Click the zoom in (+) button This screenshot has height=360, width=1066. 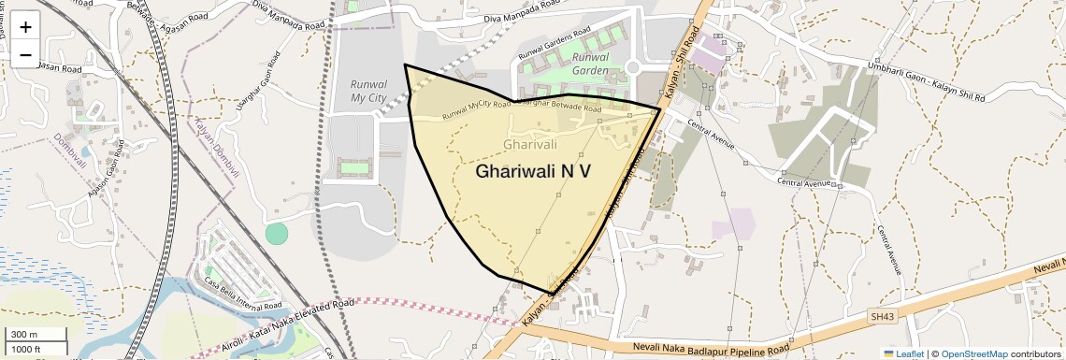point(25,27)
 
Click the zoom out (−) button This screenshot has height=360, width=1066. point(25,54)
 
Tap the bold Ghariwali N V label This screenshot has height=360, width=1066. point(533,171)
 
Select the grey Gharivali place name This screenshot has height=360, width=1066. point(529,144)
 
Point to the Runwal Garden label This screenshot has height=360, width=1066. point(591,64)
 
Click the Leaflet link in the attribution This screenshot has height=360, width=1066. point(903,353)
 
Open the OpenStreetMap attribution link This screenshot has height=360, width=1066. point(974,353)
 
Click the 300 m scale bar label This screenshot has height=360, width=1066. point(23,335)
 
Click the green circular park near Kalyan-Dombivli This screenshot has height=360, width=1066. point(277,233)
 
